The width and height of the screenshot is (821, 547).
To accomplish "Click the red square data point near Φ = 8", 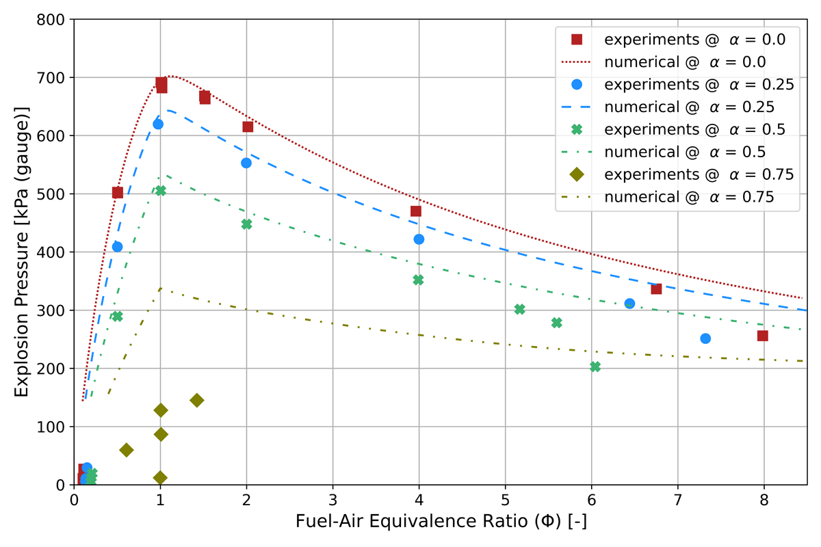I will (x=763, y=336).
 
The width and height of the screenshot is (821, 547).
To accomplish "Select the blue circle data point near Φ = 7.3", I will (x=705, y=338).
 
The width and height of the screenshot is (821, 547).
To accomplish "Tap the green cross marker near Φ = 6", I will (x=595, y=366).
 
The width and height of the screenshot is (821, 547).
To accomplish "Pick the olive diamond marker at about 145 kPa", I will (x=197, y=400).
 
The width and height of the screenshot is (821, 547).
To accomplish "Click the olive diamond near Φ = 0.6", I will (x=127, y=450).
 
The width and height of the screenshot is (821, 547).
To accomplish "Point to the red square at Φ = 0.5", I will (x=117, y=193).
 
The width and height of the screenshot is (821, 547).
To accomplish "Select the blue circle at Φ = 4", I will (x=419, y=239).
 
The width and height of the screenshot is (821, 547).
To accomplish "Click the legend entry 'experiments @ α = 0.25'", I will (x=698, y=85).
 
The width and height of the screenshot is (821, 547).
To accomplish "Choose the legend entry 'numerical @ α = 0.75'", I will (x=688, y=197).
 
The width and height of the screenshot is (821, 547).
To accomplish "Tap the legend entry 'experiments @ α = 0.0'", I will (x=694, y=40).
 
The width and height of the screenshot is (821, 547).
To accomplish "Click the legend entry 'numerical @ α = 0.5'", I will (x=684, y=152).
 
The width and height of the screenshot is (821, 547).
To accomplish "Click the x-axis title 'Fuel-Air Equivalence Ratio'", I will (x=441, y=522).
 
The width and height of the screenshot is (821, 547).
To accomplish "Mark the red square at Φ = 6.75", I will (x=656, y=289).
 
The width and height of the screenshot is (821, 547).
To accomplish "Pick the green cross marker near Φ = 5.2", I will (x=519, y=309).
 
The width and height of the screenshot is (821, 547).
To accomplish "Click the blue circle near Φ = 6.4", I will (x=629, y=304).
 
